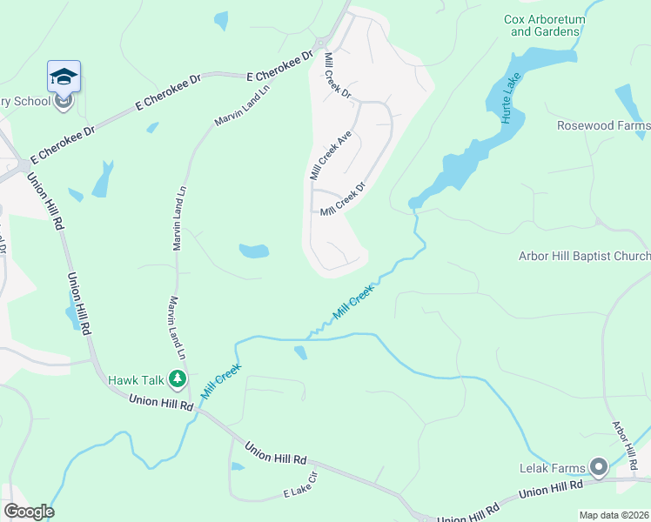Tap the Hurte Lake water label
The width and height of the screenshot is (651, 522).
(509, 97)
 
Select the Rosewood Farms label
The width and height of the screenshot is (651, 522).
(603, 126)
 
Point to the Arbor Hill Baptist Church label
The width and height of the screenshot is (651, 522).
(584, 256)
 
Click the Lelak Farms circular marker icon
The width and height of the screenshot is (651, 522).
(598, 467)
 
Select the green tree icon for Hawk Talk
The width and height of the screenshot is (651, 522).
(178, 378)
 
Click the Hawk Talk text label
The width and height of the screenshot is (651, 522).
(136, 380)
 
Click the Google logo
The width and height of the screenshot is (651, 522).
(29, 512)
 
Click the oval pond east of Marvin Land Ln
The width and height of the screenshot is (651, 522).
(253, 252)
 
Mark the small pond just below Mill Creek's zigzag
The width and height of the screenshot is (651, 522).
(300, 352)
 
